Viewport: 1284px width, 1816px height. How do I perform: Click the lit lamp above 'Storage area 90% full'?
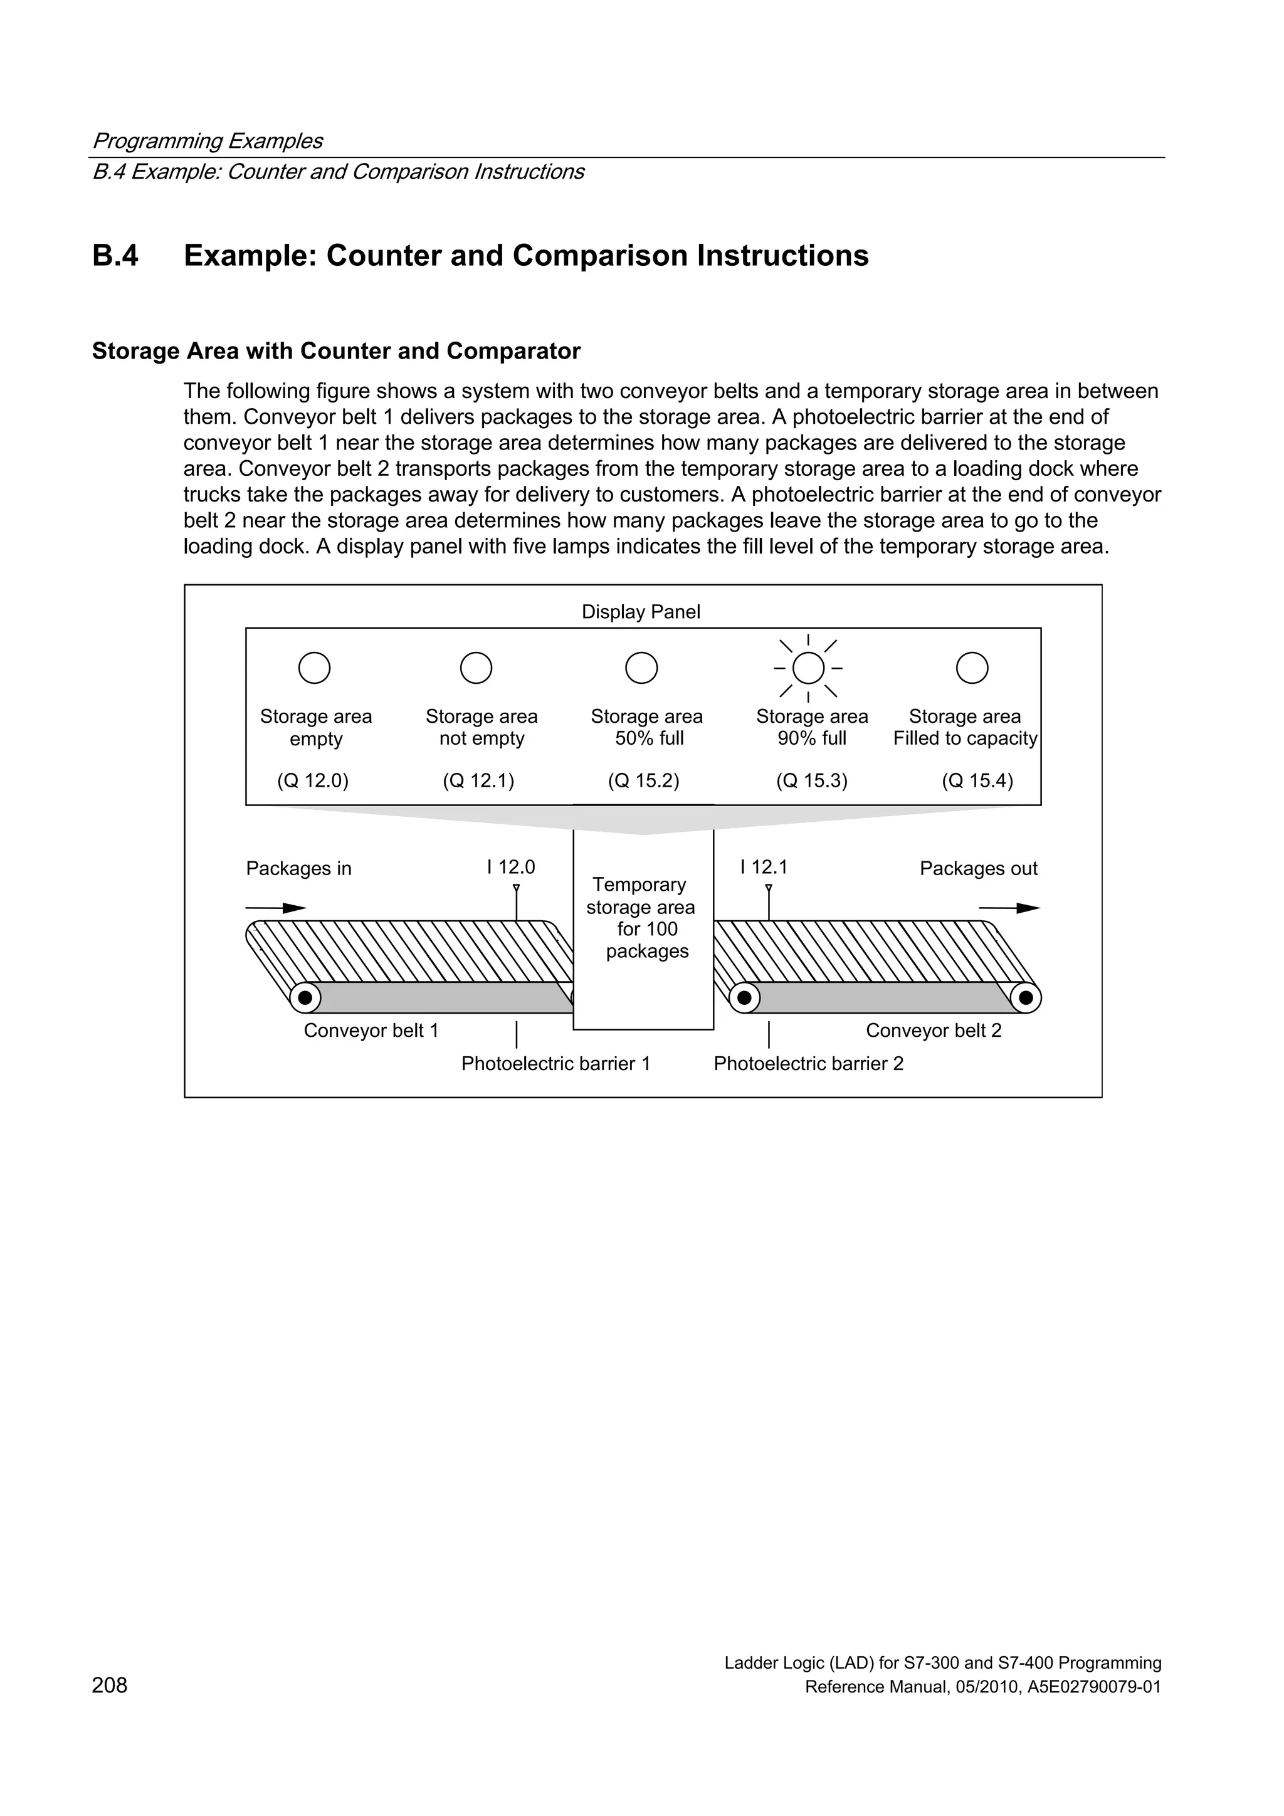pos(808,668)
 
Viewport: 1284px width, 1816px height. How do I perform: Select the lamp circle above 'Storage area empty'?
pos(314,668)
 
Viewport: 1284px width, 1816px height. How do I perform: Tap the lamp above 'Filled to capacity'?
pos(972,668)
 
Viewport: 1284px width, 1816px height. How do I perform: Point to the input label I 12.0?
pos(511,867)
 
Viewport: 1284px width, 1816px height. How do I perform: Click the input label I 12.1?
pos(764,867)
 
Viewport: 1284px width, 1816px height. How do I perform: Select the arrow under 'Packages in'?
pos(276,908)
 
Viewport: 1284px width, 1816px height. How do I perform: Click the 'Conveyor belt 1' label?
pos(371,1031)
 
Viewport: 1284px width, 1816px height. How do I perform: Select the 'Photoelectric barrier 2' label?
pos(808,1064)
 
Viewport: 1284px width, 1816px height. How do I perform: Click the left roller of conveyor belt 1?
pos(305,997)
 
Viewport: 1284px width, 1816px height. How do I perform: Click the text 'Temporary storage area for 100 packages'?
pos(641,918)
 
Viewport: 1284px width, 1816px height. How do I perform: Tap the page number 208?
pos(109,1686)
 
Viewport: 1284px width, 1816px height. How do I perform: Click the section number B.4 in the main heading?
pos(115,256)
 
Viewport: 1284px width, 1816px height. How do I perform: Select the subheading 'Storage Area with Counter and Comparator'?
pos(336,351)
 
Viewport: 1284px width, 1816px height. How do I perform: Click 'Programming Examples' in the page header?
pos(208,141)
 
